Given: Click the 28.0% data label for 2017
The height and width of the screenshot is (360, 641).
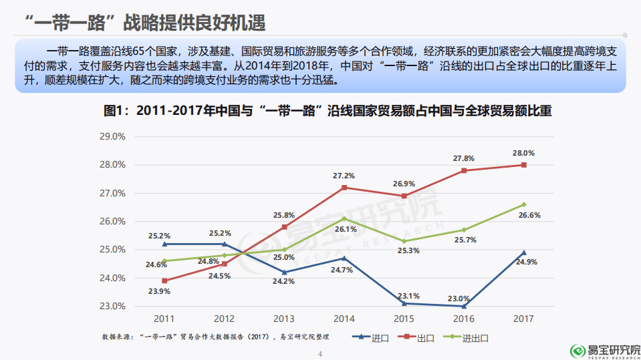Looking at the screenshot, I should point(523,153).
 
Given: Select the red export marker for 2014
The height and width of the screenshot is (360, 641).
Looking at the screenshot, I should point(344,188).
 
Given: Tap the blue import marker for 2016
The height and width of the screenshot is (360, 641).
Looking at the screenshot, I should point(464,306).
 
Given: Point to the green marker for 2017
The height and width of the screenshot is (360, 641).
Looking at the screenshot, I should point(523,204).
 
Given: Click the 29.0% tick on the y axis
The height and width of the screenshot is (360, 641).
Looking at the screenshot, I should point(112,136).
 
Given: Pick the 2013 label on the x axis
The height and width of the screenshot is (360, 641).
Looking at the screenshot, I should point(284,319).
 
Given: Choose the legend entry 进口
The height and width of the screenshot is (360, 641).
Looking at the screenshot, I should point(374,338).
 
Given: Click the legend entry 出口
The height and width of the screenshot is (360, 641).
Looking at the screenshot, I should point(418,338).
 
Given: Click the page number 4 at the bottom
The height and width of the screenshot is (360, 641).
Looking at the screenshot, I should point(320,353).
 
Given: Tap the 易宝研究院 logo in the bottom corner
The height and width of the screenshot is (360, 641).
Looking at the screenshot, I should point(604,349).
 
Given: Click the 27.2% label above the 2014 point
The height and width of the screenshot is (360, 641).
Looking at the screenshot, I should point(344,176).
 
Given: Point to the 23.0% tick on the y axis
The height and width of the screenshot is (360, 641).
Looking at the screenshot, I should point(112,306).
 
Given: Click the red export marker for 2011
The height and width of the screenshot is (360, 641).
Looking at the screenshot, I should point(164,281).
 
